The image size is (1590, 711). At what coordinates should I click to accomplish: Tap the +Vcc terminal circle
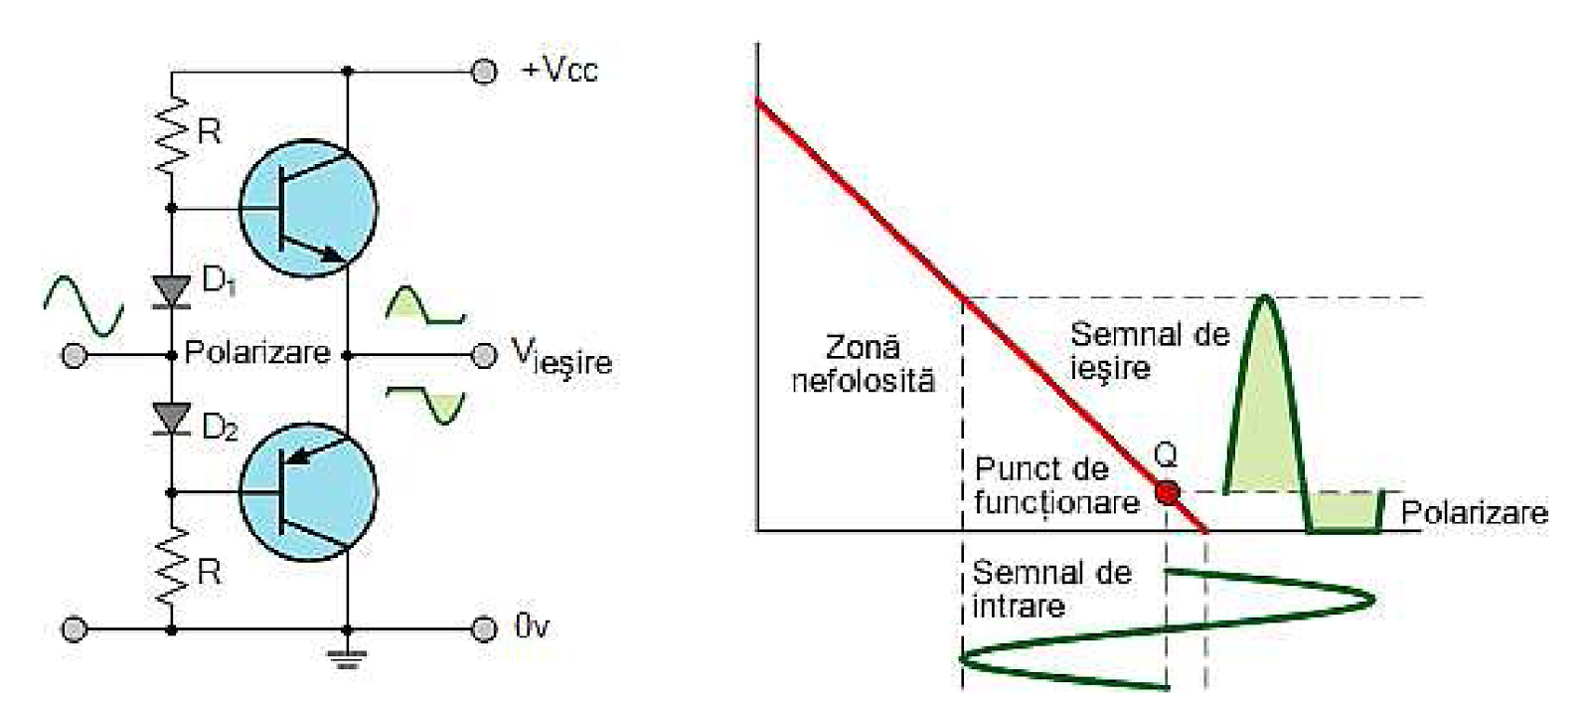[484, 72]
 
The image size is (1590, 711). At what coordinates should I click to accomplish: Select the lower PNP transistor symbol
[308, 491]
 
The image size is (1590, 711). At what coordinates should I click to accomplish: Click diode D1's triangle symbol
[173, 289]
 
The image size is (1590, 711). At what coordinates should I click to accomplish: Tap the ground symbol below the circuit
[347, 656]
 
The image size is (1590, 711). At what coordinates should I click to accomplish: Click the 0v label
[532, 627]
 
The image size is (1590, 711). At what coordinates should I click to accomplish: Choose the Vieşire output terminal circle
[484, 355]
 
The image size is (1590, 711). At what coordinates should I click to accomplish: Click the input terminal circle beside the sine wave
[74, 355]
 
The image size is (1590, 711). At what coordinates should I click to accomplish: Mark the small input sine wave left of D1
[84, 305]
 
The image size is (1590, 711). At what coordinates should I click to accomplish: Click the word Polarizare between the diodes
[256, 353]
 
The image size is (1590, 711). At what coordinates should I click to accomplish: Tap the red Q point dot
[1168, 492]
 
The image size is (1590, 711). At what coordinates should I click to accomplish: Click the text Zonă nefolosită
[863, 363]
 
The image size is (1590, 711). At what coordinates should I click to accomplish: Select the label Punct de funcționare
[1055, 484]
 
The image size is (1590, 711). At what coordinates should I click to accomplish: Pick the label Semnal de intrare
[1051, 589]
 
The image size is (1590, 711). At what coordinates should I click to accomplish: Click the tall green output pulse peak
[1264, 303]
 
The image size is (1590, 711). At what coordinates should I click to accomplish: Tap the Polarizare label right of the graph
[1474, 513]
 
